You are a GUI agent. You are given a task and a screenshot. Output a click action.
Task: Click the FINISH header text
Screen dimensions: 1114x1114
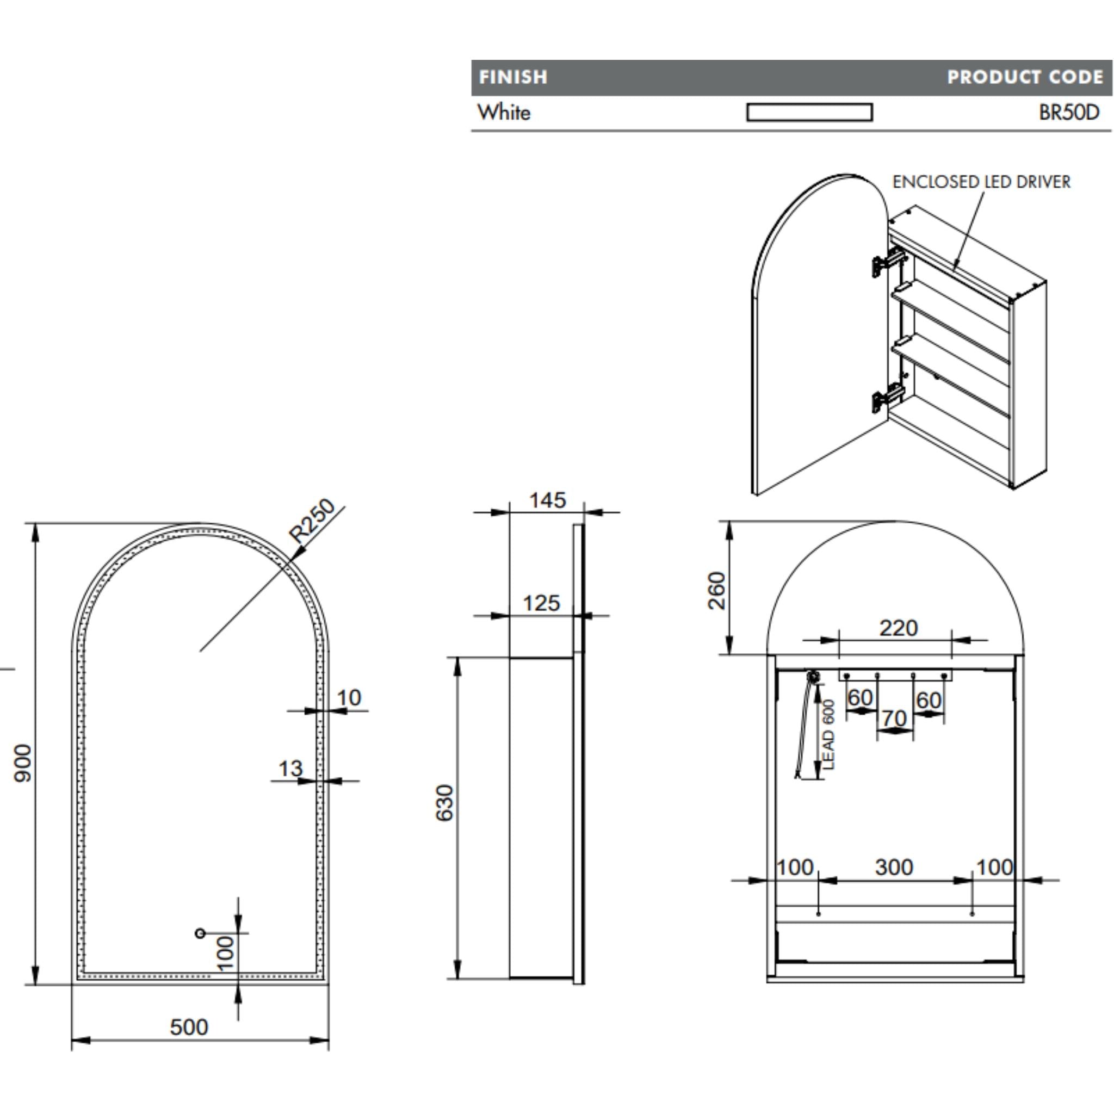pos(512,77)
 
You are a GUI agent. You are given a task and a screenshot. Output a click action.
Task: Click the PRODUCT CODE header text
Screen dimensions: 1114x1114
pos(1025,77)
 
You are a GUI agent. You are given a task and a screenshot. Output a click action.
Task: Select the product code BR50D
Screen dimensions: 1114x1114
pos(1068,113)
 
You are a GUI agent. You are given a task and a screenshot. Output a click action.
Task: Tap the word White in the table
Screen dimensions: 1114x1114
pos(503,113)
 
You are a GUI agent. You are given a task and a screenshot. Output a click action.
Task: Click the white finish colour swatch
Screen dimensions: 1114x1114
pos(809,112)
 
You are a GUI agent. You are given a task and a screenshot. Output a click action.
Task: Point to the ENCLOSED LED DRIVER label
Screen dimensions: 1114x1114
pos(981,182)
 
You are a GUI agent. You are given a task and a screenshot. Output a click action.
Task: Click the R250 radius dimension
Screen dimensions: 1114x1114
pos(312,520)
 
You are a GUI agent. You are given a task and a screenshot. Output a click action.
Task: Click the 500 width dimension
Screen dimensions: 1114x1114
pos(189,1027)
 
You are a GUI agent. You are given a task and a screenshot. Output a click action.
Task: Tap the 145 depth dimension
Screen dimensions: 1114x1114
pos(547,500)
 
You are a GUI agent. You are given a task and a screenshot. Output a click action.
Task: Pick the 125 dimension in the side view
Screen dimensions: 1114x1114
pos(541,603)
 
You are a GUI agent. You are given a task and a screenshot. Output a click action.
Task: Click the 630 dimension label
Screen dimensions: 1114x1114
pos(444,803)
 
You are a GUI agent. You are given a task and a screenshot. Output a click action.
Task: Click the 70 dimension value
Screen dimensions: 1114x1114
pos(894,719)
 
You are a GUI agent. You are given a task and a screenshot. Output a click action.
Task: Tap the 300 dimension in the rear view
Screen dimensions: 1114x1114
pos(894,867)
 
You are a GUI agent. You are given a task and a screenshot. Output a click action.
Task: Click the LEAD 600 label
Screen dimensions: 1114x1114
pos(828,734)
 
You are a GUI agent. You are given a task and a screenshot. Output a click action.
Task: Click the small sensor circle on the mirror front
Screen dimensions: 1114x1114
pos(200,933)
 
